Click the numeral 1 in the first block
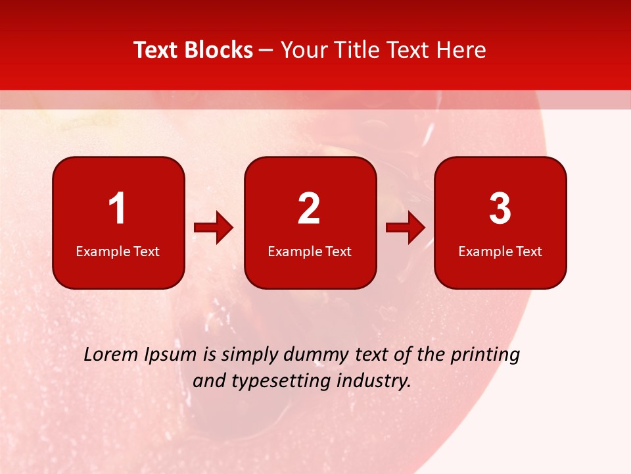[117, 209]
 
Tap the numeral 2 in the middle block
[309, 209]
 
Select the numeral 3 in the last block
[500, 209]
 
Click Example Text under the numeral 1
[118, 251]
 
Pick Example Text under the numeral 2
[310, 251]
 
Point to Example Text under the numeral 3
[500, 251]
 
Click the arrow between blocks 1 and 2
[214, 228]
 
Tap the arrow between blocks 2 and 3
[406, 228]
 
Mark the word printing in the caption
[485, 355]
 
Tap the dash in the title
[266, 50]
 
